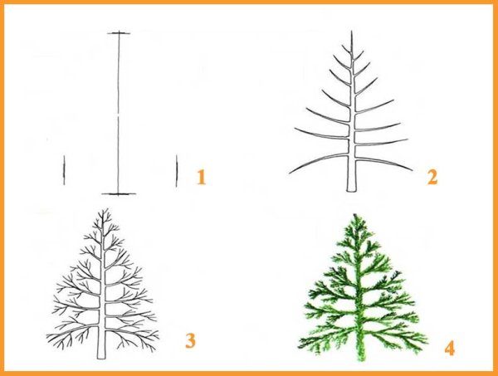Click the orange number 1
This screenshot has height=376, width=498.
202,177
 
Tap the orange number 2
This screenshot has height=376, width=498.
432,177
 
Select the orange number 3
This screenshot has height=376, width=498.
190,341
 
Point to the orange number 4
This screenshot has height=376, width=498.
449,348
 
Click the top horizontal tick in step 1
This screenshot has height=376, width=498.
119,33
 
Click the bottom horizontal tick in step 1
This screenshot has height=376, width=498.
119,193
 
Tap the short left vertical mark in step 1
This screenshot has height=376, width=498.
64,170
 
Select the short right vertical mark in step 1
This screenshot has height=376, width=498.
177,171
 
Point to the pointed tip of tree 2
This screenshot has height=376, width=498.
352,31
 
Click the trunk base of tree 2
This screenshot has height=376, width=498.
351,190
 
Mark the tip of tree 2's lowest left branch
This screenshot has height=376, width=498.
290,173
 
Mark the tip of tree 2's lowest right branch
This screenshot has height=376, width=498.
412,170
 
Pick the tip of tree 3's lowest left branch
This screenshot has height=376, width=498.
47,336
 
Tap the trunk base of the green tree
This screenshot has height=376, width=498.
361,359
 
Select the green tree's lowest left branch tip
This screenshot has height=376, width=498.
299,344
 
